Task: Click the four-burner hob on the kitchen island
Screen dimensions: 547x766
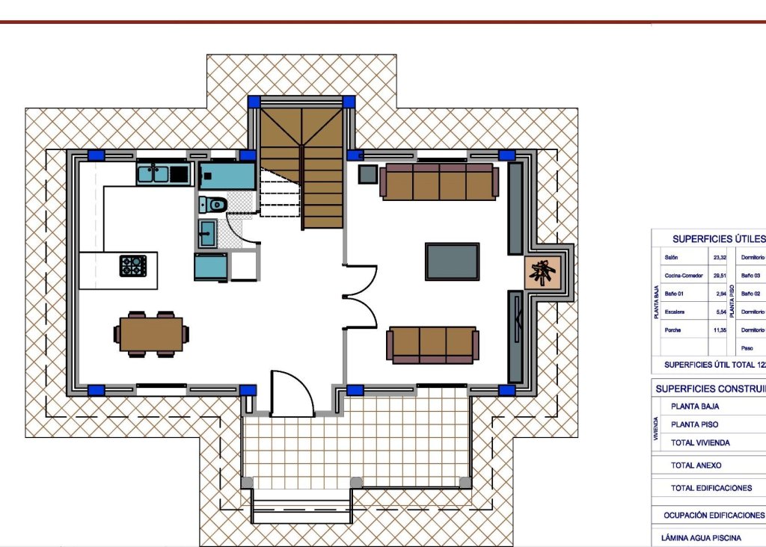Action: tap(132, 265)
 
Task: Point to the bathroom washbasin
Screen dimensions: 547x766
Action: tap(207, 233)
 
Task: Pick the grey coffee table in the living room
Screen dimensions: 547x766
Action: tap(452, 262)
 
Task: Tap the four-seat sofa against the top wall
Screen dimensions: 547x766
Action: tap(438, 182)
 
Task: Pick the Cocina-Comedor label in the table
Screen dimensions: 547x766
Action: tap(683, 276)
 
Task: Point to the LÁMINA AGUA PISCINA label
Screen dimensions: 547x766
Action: tap(702, 537)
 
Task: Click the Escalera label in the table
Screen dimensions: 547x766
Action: tap(676, 312)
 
